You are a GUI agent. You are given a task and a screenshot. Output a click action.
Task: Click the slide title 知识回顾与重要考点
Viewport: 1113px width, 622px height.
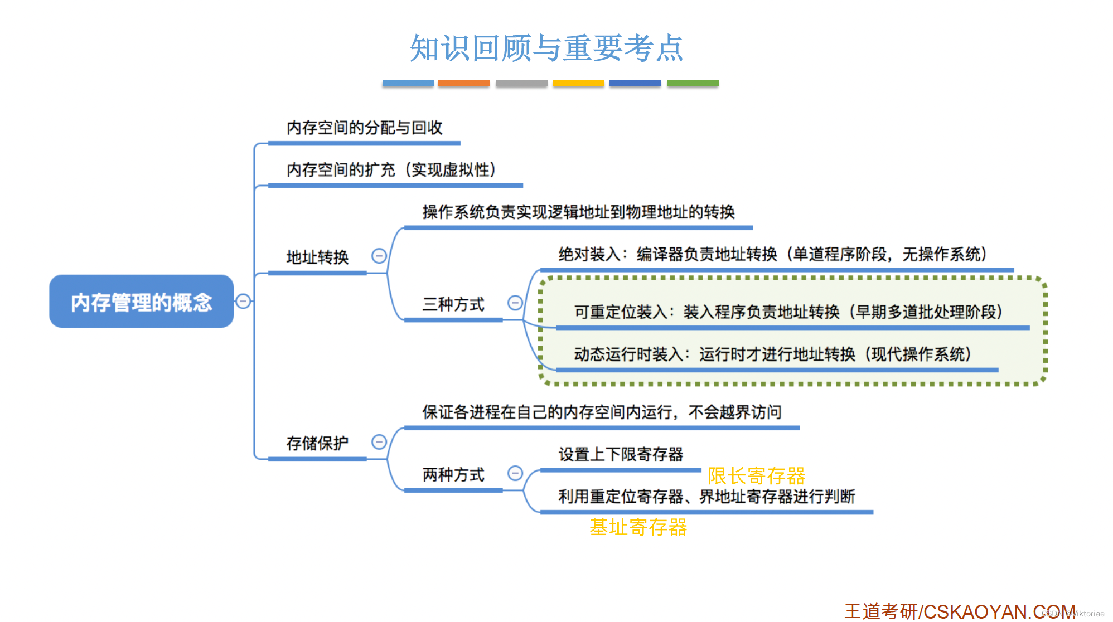546,48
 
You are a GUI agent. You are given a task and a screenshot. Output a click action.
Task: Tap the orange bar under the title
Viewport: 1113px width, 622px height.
463,84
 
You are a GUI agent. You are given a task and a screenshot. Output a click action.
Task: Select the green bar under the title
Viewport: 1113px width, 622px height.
693,84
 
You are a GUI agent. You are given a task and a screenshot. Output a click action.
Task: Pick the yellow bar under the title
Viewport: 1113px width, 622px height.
578,84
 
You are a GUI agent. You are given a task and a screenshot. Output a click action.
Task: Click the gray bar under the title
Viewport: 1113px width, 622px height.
521,84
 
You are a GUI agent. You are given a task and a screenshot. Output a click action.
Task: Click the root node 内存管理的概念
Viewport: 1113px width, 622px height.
141,302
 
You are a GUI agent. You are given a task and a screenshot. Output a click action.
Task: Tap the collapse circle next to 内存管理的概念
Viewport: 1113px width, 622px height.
243,301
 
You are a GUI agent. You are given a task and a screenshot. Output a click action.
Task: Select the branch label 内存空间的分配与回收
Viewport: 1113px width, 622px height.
364,128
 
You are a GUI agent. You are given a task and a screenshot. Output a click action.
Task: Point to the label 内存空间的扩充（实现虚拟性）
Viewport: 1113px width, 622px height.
391,169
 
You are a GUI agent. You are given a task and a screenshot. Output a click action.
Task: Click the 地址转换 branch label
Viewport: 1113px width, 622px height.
317,257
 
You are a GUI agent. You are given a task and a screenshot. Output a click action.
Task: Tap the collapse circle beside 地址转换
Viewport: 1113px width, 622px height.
379,256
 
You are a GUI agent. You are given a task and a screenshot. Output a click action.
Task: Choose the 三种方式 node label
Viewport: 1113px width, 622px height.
453,304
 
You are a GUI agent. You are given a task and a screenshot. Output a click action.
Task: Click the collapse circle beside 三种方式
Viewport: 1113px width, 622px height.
515,303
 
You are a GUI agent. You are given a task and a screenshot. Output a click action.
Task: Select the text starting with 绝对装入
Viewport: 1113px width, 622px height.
772,254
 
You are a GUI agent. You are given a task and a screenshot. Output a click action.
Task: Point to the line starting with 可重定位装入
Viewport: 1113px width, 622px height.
788,312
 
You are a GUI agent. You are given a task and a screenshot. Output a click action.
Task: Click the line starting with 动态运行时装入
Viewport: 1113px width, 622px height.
772,354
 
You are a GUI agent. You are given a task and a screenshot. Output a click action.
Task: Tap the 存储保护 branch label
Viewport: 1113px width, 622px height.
317,443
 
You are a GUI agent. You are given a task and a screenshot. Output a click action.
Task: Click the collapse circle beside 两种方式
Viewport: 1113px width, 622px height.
515,473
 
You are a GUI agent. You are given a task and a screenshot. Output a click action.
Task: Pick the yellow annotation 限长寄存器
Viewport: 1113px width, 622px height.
756,476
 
